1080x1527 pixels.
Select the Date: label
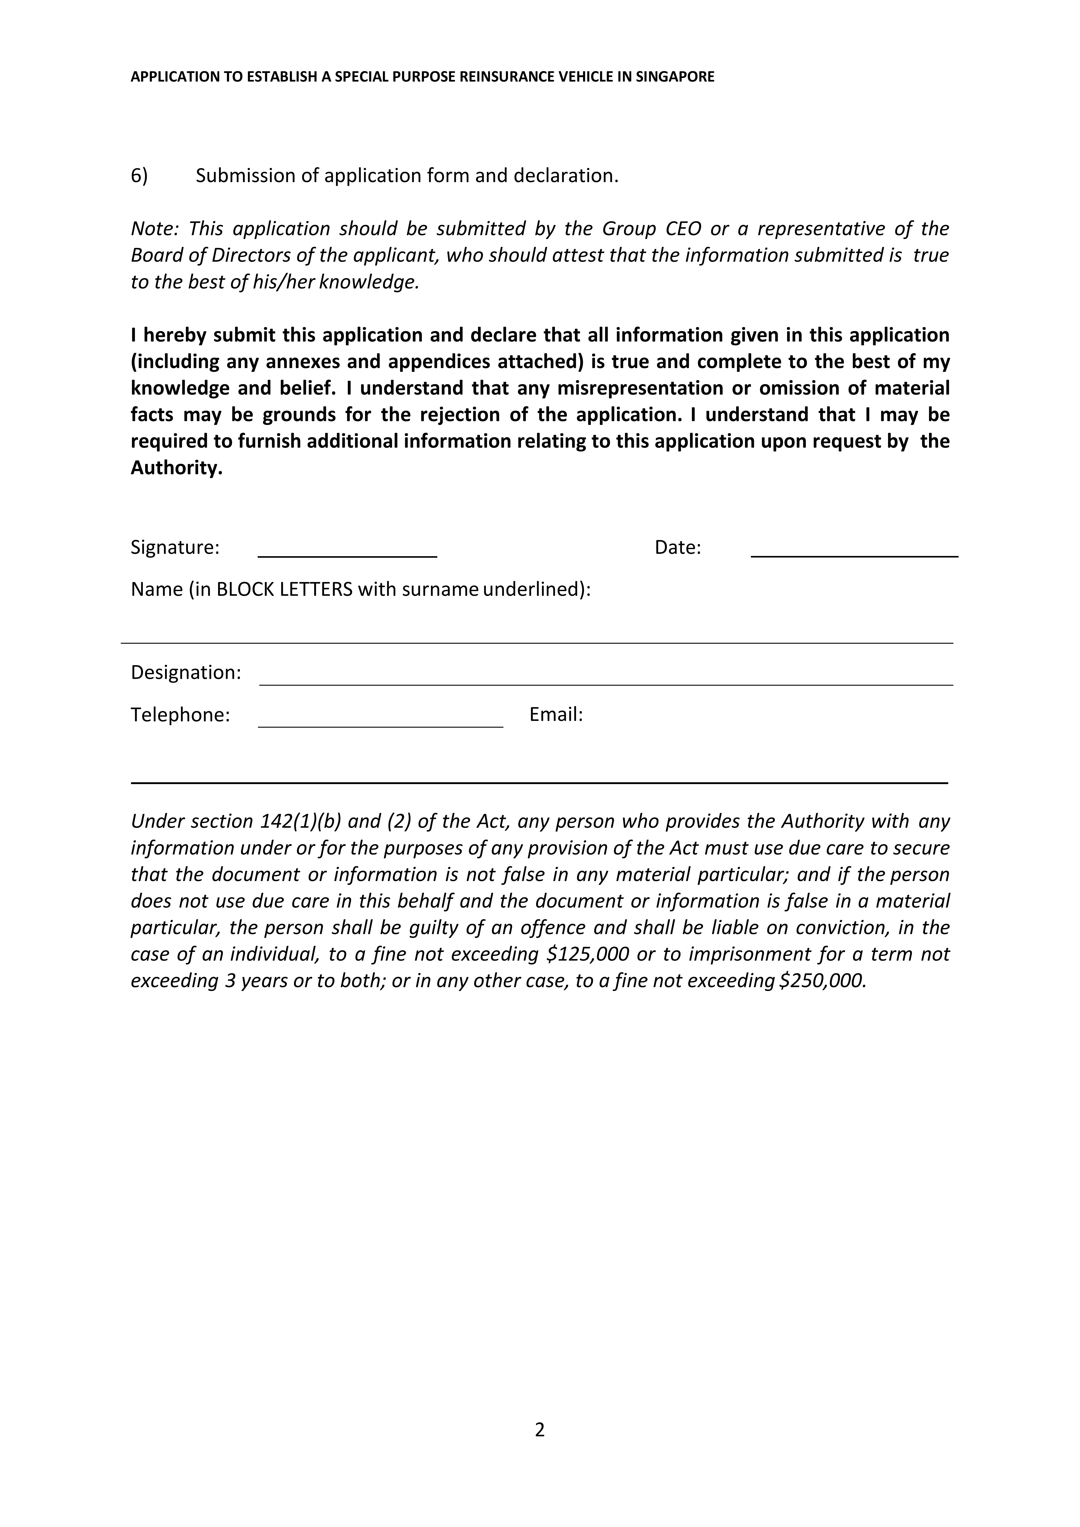pyautogui.click(x=677, y=547)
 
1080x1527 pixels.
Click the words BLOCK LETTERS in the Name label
pyautogui.click(x=285, y=589)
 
